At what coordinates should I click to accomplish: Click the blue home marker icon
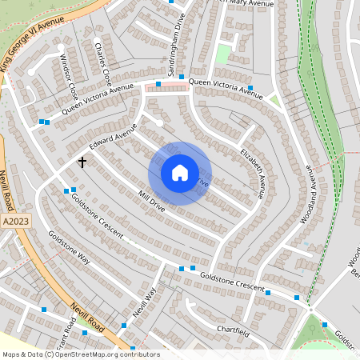(180, 173)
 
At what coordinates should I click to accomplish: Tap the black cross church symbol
(82, 162)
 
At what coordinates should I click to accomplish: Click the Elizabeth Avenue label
(251, 171)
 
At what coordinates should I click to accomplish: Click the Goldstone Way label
(69, 247)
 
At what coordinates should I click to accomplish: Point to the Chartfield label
(233, 331)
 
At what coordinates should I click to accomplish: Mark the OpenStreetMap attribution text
(81, 354)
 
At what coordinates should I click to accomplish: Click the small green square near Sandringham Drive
(223, 54)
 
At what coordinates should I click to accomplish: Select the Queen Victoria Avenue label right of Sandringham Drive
(226, 88)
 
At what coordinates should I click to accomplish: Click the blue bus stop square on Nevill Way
(124, 325)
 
